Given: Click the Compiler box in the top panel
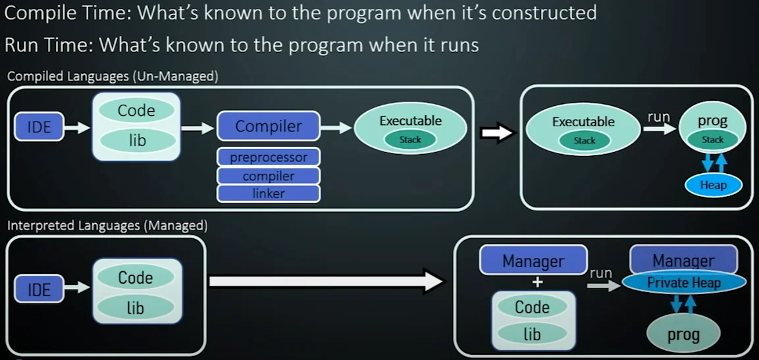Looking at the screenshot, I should (x=269, y=126).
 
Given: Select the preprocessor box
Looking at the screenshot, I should (x=269, y=157).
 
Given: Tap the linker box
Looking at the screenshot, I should (x=269, y=193).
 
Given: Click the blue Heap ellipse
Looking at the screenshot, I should (x=713, y=185).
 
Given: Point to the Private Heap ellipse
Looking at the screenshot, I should (x=684, y=283).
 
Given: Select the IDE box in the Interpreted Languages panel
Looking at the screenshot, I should (x=39, y=289).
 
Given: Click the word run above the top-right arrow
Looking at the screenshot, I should (x=658, y=117).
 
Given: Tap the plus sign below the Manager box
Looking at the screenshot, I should (x=538, y=282).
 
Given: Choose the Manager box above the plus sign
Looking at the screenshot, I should (x=533, y=261).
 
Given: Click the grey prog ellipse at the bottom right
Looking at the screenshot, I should (x=683, y=334).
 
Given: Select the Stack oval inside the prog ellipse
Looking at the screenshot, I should (x=712, y=140).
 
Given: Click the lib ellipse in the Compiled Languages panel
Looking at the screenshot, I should (x=137, y=140).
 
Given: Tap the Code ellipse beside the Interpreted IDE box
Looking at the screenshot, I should (x=136, y=278).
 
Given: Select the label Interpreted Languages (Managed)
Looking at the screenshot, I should (x=107, y=226).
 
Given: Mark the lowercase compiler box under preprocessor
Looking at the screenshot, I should (x=269, y=176).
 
